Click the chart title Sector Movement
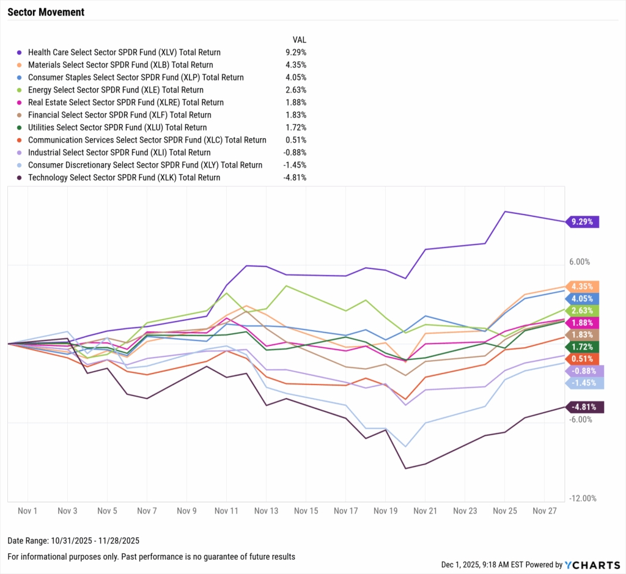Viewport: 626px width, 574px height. click(46, 12)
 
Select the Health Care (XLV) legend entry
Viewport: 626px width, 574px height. click(124, 53)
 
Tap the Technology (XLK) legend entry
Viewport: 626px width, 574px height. click(124, 177)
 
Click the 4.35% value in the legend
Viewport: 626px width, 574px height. click(295, 65)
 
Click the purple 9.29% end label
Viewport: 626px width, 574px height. click(582, 222)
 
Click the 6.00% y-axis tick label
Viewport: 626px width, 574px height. click(579, 262)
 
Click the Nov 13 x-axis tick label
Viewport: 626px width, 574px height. click(267, 510)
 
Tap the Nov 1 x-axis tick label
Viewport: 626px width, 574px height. click(28, 510)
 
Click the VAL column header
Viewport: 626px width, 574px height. click(300, 39)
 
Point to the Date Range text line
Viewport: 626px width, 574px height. click(74, 541)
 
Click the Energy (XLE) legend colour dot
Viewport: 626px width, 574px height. click(20, 90)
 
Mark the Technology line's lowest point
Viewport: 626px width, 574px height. click(405, 469)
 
